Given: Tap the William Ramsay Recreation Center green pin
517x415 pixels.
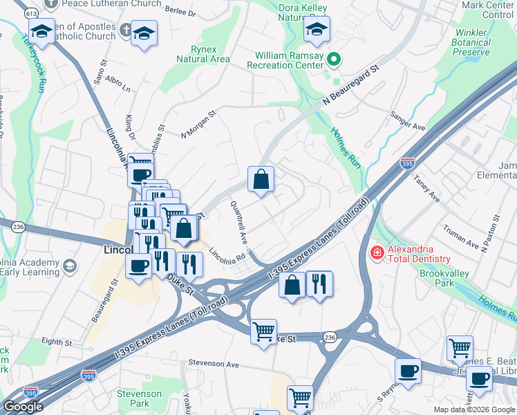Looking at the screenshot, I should (x=335, y=59).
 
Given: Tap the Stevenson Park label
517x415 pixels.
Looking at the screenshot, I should (x=139, y=398).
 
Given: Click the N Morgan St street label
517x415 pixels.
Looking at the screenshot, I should (x=198, y=123).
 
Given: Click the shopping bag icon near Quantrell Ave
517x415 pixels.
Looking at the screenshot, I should (x=261, y=179).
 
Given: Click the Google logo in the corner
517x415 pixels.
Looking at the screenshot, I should (x=22, y=407).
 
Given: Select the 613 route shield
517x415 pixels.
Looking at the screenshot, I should (x=31, y=13).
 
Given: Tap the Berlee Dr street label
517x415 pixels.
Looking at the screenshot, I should (x=181, y=12).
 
